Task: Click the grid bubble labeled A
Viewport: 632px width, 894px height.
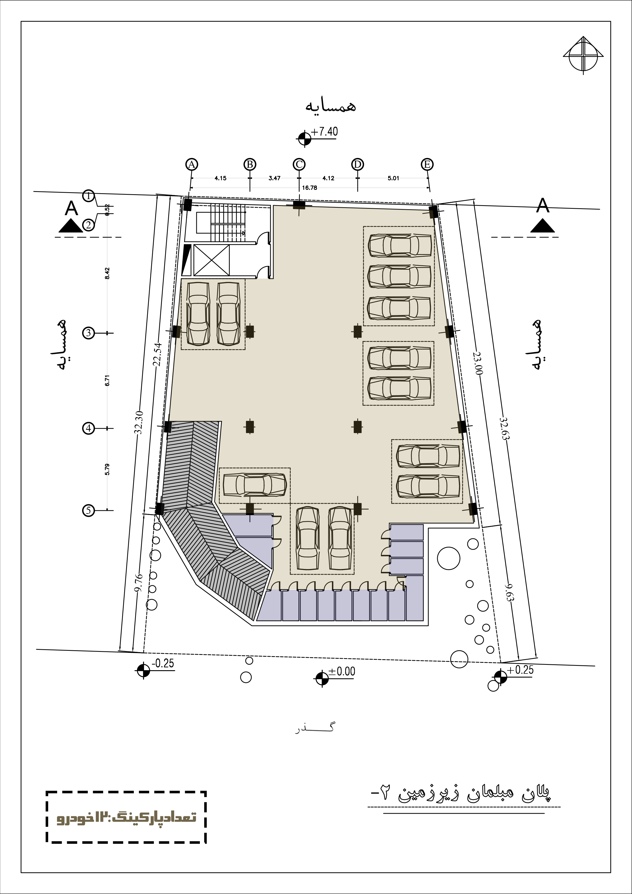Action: point(191,164)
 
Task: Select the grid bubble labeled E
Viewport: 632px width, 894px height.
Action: point(427,164)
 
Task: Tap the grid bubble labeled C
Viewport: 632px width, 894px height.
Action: point(299,164)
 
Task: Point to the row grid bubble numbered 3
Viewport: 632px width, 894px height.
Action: point(89,333)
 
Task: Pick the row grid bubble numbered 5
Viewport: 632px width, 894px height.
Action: point(89,510)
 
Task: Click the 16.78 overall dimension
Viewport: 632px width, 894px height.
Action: point(309,188)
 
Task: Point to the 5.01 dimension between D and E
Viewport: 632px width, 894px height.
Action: point(393,178)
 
